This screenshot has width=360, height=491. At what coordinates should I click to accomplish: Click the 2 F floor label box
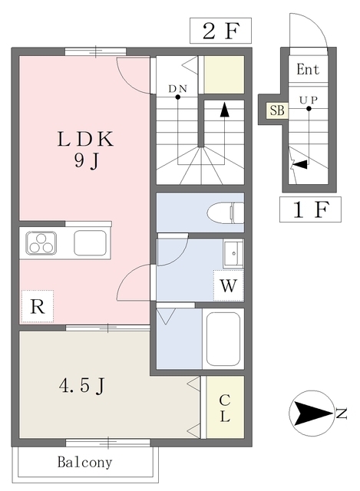tap(220, 31)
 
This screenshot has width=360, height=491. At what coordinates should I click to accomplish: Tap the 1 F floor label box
tap(310, 209)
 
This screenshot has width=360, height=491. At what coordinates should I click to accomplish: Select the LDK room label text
tap(85, 140)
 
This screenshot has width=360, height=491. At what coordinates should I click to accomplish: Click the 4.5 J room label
tap(81, 385)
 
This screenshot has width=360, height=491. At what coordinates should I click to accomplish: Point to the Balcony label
tap(84, 462)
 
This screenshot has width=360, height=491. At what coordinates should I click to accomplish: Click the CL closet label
tap(225, 408)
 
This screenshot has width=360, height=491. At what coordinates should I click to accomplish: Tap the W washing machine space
tap(229, 285)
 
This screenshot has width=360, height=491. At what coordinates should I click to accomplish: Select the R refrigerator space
tap(38, 306)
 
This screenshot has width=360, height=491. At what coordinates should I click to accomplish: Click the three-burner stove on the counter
tap(41, 243)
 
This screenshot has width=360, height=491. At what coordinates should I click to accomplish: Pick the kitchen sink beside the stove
tap(91, 243)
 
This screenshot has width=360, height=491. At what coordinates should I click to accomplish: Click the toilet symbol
tap(225, 213)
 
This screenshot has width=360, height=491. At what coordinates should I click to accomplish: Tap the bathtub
tap(223, 339)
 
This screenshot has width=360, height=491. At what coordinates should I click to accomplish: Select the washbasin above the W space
tap(233, 253)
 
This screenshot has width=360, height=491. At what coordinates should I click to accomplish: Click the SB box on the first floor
tap(277, 110)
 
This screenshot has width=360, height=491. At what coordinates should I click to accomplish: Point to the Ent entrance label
tap(308, 69)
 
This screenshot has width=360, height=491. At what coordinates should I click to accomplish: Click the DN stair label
tap(177, 89)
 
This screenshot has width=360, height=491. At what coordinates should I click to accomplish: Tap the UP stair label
tap(309, 100)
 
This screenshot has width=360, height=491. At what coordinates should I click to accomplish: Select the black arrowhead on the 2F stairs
tap(224, 110)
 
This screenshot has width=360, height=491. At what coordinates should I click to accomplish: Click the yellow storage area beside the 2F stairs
tap(224, 74)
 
